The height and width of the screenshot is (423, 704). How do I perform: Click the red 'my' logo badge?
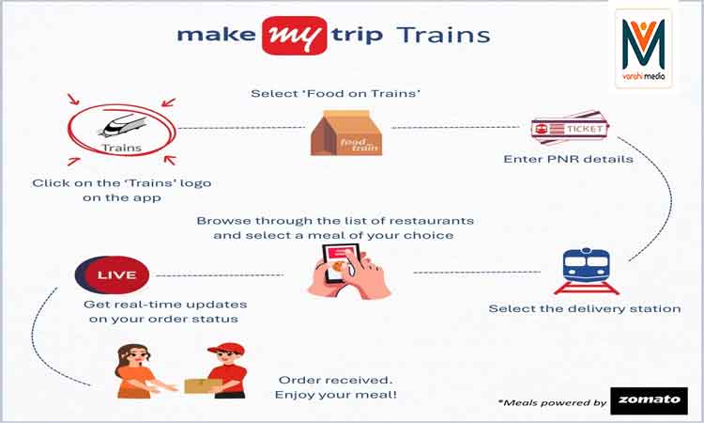pos(295,36)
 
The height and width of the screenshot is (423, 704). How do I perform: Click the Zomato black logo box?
pos(650,400)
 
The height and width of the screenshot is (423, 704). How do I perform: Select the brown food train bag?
pos(346,133)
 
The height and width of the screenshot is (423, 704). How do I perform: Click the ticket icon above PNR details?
pos(570,128)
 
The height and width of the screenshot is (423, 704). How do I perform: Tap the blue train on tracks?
pos(586,271)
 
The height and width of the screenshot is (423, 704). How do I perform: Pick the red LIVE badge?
pos(113,274)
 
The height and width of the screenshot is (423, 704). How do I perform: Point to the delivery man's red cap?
pos(226,349)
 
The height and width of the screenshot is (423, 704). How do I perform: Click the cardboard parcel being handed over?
pos(203,385)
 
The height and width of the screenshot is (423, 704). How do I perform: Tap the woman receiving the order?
pos(138,371)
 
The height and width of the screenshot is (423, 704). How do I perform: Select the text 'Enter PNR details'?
pos(568,159)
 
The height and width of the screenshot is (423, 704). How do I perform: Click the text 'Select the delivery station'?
pos(585,309)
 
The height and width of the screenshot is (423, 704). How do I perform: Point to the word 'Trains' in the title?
pos(443,35)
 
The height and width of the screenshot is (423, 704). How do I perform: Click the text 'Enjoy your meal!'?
pos(336,395)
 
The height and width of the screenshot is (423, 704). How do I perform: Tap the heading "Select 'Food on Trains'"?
pos(335,93)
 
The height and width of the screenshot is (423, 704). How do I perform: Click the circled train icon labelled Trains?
pos(121,131)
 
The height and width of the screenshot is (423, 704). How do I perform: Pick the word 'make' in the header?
pos(216,35)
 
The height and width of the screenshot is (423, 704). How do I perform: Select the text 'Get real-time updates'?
pos(165,305)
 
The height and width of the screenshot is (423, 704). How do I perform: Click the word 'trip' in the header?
pos(358,36)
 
